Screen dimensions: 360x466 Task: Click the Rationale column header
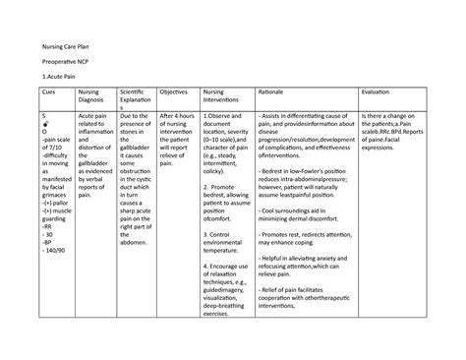[274, 90]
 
